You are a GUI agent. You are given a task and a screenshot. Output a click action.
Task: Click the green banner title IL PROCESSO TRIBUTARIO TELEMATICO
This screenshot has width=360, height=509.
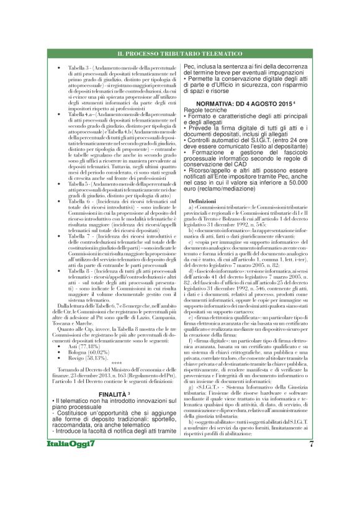179,55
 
